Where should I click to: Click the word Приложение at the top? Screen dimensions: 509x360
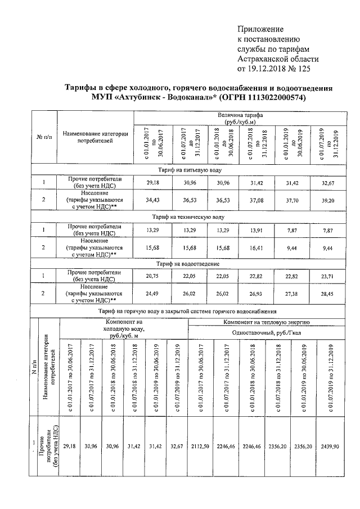pyautogui.click(x=260, y=29)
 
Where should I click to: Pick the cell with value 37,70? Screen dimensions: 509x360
pyautogui.click(x=292, y=200)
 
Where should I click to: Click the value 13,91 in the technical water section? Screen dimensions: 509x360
pyautogui.click(x=257, y=230)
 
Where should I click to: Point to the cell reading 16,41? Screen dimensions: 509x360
pyautogui.click(x=257, y=247)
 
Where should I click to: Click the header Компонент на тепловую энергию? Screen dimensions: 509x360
pyautogui.click(x=267, y=322)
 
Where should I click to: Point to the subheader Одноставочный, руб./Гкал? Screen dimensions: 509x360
pyautogui.click(x=267, y=332)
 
